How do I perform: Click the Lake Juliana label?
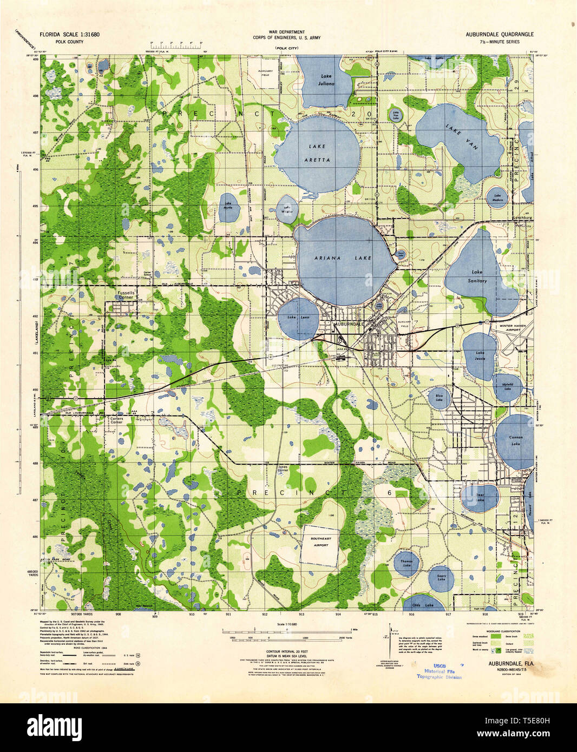[326, 80]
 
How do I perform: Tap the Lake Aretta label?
[319, 153]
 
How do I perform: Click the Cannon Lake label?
[515, 440]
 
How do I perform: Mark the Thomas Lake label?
[406, 564]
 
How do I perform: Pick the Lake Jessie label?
[480, 355]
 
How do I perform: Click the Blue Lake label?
[440, 398]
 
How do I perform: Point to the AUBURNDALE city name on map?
[352, 324]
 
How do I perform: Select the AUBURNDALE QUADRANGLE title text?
[499, 34]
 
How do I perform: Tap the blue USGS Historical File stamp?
[439, 671]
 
